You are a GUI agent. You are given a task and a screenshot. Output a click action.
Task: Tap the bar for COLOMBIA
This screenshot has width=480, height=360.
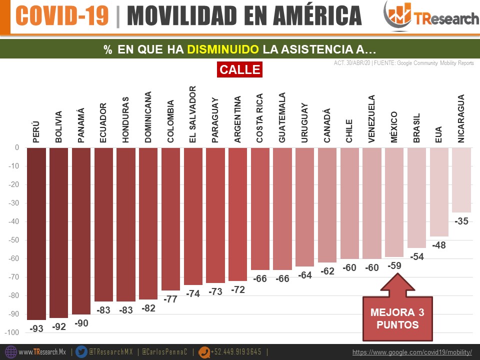click(170, 219)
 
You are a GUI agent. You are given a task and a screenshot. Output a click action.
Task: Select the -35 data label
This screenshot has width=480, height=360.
click(461, 221)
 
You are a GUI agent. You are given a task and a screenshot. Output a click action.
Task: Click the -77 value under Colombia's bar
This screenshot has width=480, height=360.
click(171, 299)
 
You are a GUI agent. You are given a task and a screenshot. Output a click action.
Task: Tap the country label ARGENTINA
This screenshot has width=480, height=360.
click(238, 119)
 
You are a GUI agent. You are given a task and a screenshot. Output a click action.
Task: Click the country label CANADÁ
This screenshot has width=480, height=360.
click(327, 125)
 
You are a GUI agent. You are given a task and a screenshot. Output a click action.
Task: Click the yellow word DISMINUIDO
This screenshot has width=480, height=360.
click(223, 49)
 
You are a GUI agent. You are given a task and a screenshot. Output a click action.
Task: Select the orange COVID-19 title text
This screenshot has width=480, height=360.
click(62, 15)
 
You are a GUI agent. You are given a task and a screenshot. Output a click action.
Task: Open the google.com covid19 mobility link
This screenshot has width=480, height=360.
click(412, 352)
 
